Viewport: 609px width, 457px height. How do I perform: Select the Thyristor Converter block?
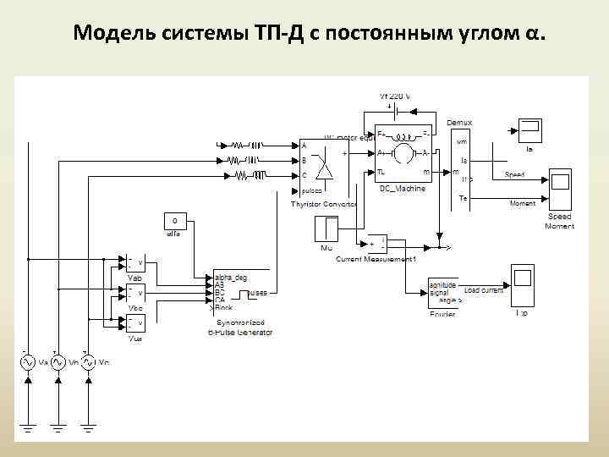tap(315, 168)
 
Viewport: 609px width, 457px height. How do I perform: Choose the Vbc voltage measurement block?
tap(134, 293)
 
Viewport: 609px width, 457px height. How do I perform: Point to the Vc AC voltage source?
tap(88, 362)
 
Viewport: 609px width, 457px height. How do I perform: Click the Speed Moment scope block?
tap(559, 189)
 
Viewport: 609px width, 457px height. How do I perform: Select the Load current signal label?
tap(484, 290)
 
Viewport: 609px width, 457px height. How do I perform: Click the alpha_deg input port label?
tap(230, 277)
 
